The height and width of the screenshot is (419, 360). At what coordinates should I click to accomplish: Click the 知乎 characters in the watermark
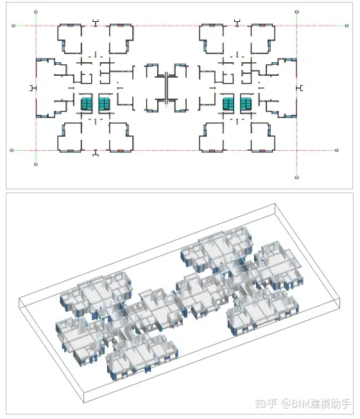[266, 403]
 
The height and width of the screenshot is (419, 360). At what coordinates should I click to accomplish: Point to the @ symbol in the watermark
[286, 404]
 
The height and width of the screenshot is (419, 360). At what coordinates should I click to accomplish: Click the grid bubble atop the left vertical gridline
[36, 12]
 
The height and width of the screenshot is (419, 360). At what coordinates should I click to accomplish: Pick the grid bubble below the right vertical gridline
[296, 178]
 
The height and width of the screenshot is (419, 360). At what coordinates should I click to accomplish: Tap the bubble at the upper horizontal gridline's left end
[13, 26]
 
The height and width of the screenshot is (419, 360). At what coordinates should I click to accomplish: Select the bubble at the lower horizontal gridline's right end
[337, 150]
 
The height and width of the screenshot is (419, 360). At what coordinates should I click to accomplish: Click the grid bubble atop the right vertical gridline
[296, 12]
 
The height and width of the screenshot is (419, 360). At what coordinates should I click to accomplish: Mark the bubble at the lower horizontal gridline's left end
[12, 150]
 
